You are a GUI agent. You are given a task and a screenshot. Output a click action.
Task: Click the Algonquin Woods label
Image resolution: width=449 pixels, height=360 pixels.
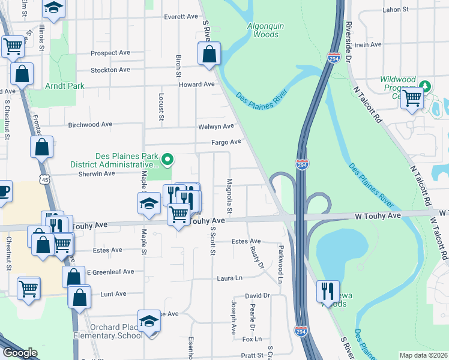click(x=263, y=30)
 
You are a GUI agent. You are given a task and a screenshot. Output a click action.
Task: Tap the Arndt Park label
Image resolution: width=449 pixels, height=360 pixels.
click(x=65, y=86)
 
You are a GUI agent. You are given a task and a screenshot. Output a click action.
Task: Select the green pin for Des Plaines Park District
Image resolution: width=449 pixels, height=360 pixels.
click(x=169, y=160)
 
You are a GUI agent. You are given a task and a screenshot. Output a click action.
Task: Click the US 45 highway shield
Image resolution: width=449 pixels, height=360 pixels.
click(x=42, y=179)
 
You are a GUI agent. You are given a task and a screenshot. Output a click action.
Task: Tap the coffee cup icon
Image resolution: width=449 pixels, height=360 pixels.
click(x=3, y=192)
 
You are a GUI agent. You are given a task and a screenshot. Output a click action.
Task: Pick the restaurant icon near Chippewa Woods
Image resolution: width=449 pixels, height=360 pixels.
click(x=328, y=292)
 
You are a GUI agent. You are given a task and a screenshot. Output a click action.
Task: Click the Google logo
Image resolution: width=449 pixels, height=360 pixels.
click(x=20, y=353)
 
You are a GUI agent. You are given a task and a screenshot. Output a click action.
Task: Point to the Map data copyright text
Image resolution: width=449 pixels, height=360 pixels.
click(x=423, y=355)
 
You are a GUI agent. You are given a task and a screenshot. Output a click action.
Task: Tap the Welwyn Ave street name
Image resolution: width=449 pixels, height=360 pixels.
click(x=216, y=127)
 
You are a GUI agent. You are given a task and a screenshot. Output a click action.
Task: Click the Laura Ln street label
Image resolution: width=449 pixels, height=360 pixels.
click(x=229, y=278)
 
